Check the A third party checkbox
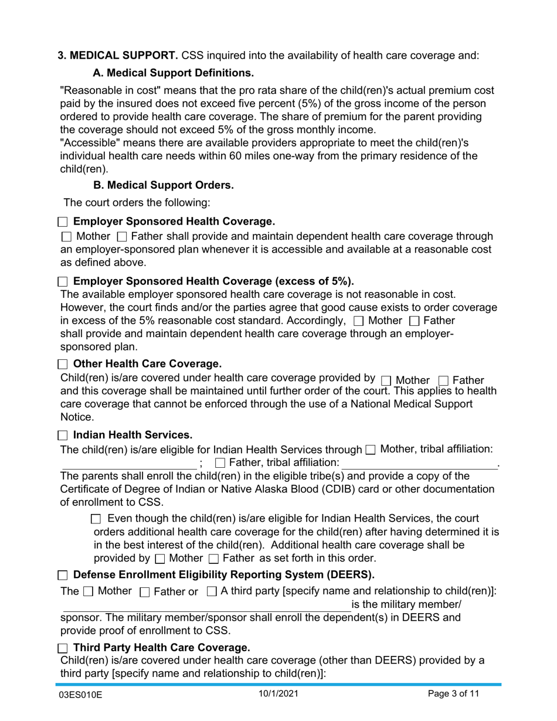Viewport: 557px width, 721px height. click(212, 591)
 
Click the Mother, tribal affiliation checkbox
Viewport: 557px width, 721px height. click(370, 450)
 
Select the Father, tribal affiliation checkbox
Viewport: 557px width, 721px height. click(220, 463)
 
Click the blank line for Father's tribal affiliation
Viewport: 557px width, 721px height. click(419, 464)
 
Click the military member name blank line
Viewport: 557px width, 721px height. click(205, 606)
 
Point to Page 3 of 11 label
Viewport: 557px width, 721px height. click(453, 695)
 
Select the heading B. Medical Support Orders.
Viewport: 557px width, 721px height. click(164, 185)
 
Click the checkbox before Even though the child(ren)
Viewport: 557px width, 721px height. click(97, 519)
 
